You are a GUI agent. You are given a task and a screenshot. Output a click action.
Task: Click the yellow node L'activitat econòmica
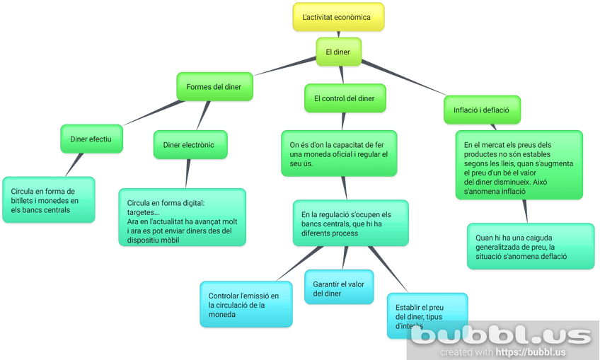coord(338,17)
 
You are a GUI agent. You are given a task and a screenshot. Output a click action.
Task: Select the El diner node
coord(337,52)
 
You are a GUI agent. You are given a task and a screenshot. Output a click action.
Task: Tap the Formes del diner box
coord(214,87)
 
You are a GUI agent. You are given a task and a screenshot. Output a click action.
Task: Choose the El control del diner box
coord(345,98)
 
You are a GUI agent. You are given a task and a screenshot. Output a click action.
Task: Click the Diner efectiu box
coord(91,139)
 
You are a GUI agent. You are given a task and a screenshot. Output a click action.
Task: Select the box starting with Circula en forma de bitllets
coord(49,199)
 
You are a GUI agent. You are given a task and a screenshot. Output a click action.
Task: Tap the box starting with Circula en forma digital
coord(182,216)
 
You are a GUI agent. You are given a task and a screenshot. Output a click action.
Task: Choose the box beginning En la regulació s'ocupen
coord(350,223)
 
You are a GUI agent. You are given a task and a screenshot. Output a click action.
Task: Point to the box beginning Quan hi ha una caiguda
coord(531,246)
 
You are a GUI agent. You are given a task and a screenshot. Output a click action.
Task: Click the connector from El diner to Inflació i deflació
coord(403,79)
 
